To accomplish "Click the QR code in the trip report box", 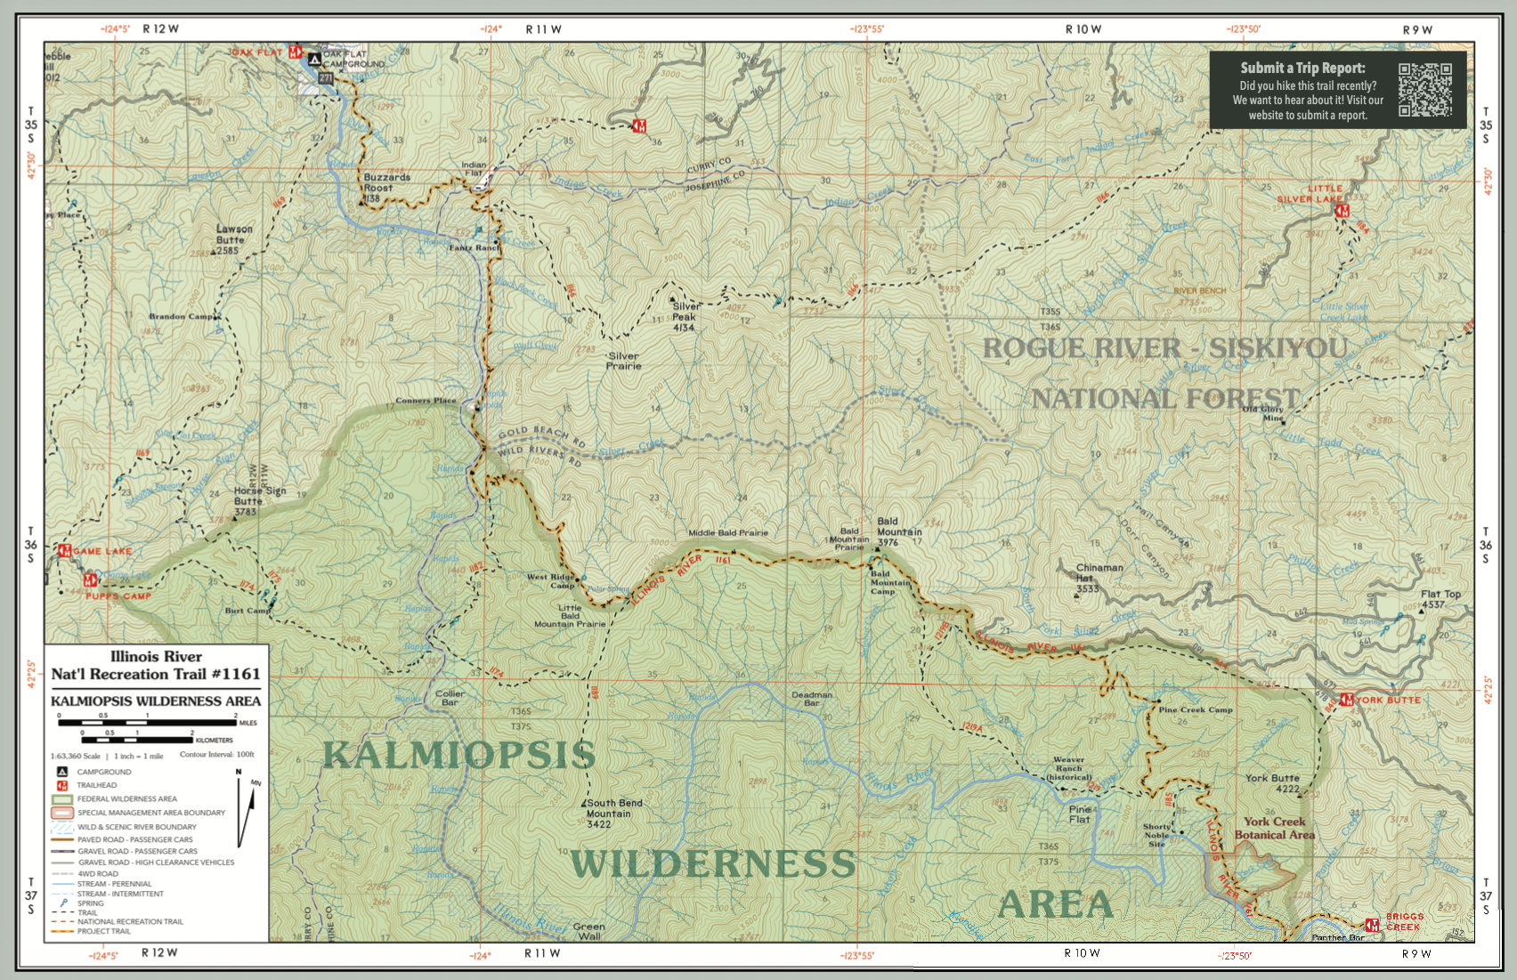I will [1424, 90].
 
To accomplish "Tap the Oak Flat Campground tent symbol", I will [314, 60].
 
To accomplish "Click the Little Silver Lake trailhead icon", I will [1343, 211].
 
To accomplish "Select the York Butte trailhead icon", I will [1346, 700].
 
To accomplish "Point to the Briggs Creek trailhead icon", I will [1372, 926].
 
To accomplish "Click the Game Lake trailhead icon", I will [64, 551].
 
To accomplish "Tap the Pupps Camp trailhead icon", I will [89, 580].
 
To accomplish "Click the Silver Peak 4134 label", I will [685, 317].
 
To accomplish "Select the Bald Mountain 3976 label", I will [898, 531].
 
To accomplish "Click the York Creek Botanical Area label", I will [1274, 828].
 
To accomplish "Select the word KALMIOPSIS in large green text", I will [458, 755].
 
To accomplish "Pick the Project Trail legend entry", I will [103, 931].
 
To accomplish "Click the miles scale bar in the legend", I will [148, 723].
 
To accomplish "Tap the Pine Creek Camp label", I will [1195, 709].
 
